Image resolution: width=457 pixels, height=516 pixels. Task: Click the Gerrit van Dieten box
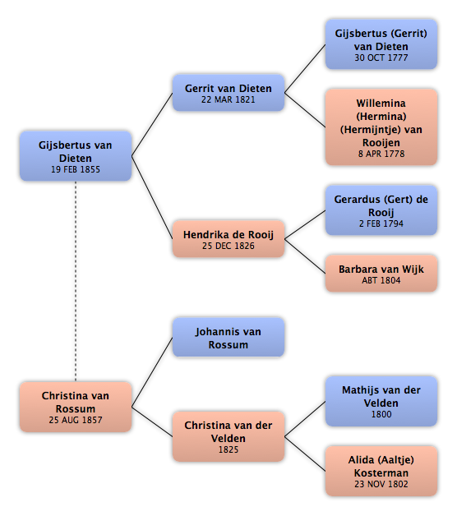[228, 93]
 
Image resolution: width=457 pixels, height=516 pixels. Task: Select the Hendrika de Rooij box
[228, 239]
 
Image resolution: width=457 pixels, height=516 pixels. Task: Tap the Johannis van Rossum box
[228, 338]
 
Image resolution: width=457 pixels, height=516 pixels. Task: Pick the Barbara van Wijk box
[381, 274]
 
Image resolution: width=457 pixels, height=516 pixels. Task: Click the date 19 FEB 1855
[76, 169]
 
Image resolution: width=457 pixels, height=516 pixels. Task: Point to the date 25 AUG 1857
[76, 420]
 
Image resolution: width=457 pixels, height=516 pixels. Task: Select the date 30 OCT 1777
[381, 58]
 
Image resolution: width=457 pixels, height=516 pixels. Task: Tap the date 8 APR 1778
[381, 154]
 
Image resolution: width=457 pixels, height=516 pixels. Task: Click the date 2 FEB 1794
[381, 223]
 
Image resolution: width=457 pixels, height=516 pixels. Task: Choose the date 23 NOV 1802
[381, 484]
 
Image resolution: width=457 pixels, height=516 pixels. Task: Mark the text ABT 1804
[381, 280]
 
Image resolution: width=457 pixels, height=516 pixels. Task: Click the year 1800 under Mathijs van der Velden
[381, 414]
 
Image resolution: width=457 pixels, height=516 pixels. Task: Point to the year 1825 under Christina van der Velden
[228, 449]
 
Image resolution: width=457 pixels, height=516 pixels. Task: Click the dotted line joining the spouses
[76, 282]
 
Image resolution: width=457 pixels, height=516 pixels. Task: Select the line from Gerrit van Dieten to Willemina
[305, 110]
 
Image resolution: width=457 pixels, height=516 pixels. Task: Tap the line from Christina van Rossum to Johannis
[152, 372]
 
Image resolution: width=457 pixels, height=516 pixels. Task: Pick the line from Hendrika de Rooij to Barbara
[305, 256]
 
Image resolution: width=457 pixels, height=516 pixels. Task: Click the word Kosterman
[381, 473]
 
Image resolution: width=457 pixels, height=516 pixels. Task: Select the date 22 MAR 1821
[228, 99]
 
